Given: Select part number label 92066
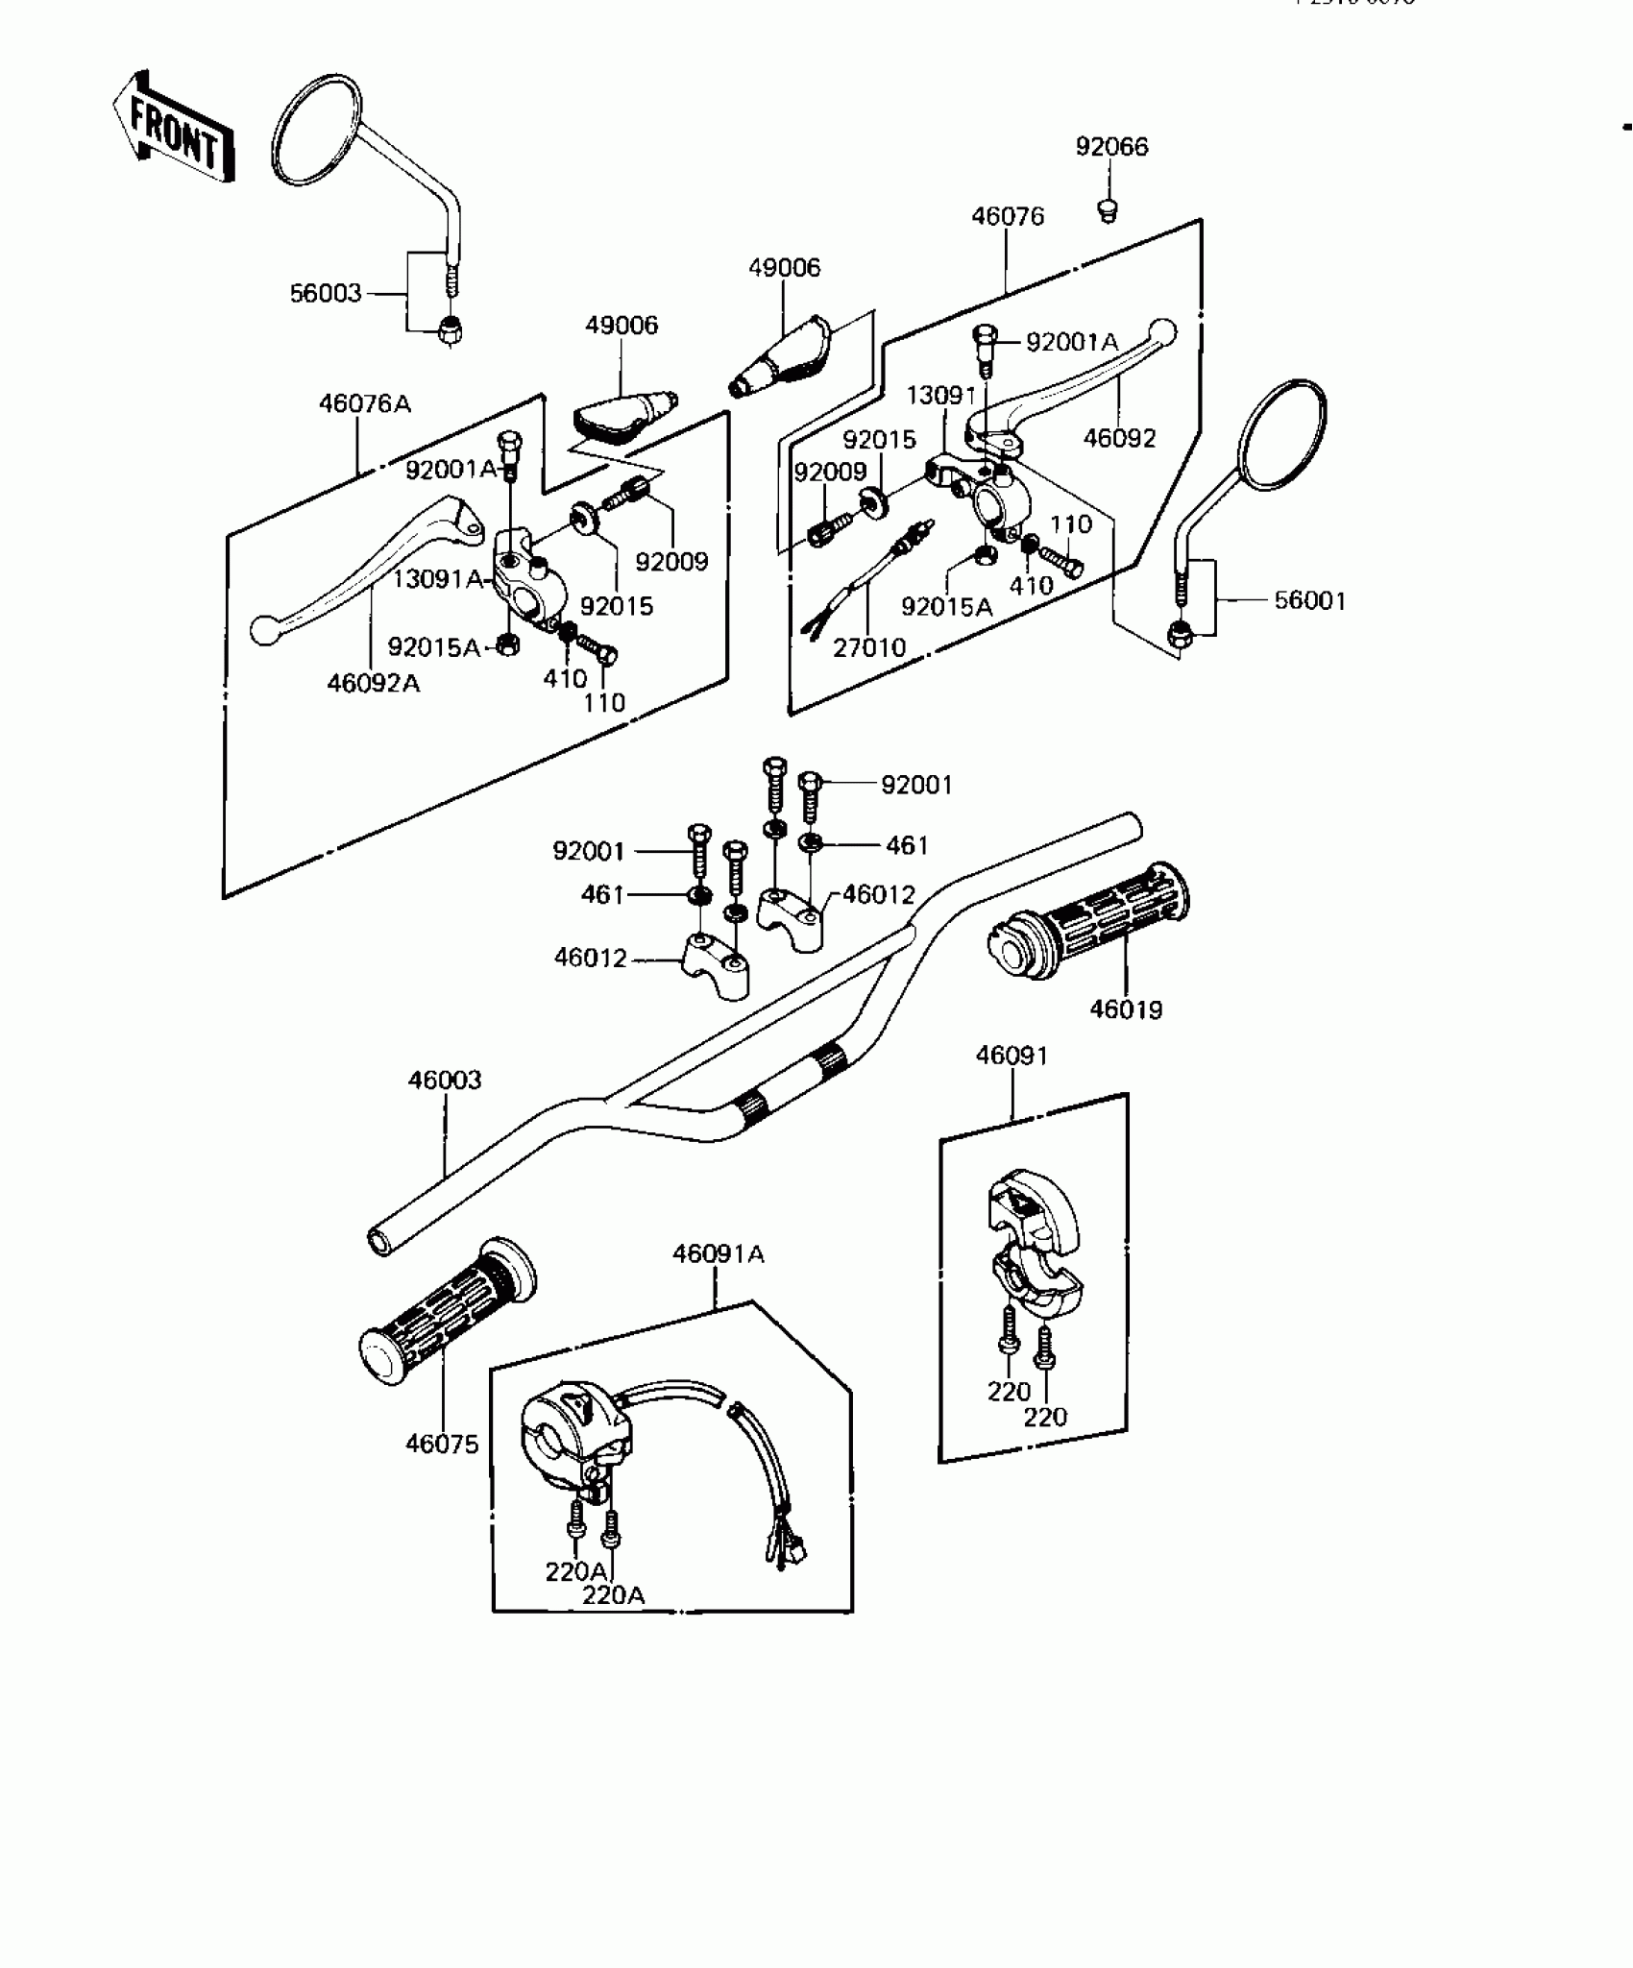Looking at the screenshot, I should coord(1111,147).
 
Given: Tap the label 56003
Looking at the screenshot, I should coord(326,294).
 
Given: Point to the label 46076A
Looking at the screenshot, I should coord(364,403).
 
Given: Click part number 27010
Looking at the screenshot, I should coord(868,648).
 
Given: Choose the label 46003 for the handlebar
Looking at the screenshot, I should coord(444,1081).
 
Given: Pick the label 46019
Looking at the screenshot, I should coord(1126,1009).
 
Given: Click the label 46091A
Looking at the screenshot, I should coord(718,1254).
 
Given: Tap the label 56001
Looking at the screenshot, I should coord(1309,601).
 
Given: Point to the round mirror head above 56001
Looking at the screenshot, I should coord(1282,432).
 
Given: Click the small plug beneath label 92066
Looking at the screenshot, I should coord(1108,208).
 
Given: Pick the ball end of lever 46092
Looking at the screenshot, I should coord(1162,331).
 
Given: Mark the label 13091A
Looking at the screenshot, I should coord(437,579).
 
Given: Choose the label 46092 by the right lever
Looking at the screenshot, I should coord(1119,438).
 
